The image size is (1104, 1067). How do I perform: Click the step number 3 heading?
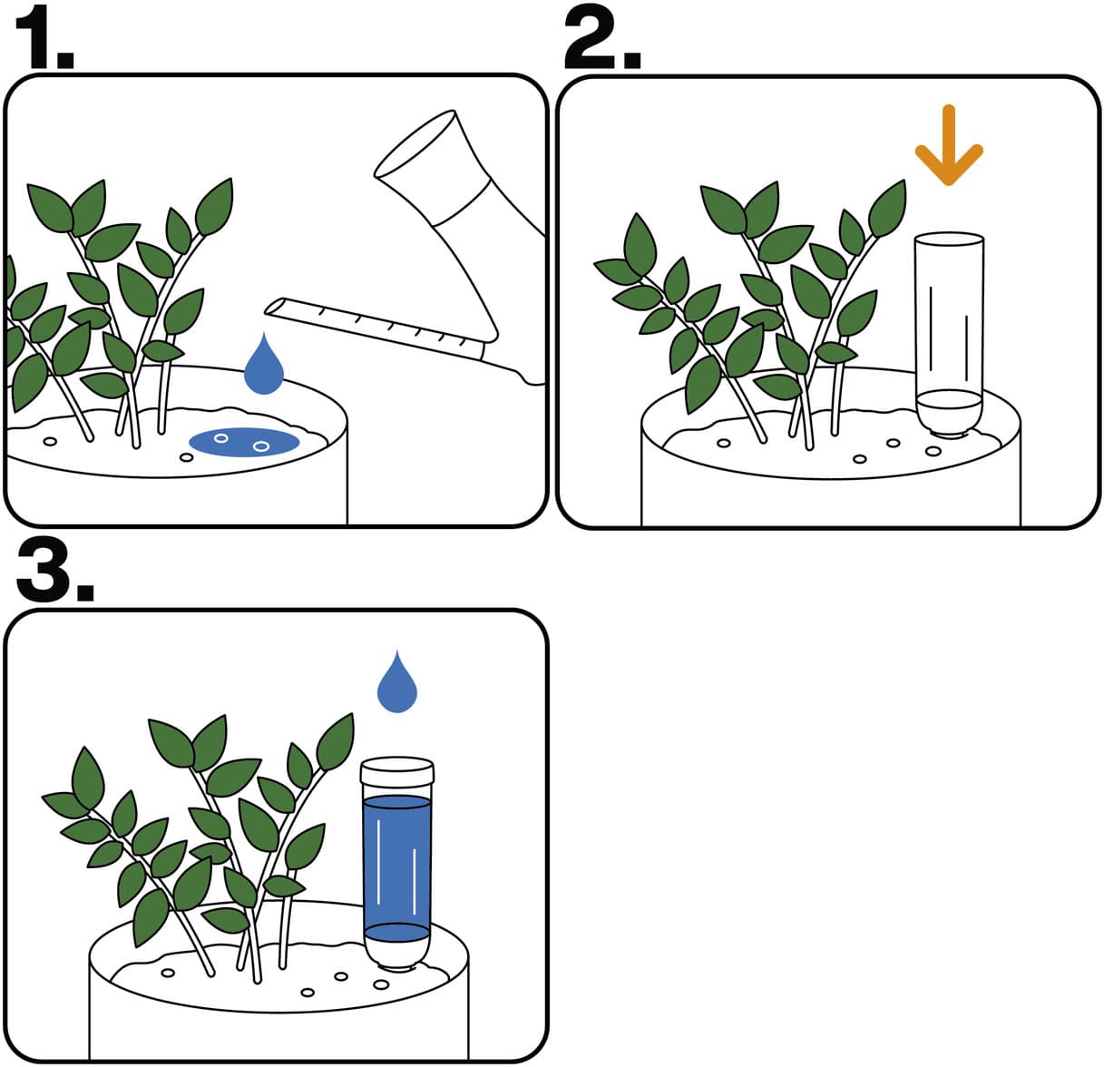tap(55, 570)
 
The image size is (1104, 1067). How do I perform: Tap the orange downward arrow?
tap(949, 145)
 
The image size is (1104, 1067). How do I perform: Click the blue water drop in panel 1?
tap(263, 365)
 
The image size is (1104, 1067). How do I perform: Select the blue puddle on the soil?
tap(244, 442)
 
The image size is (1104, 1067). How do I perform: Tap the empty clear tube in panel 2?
tap(949, 335)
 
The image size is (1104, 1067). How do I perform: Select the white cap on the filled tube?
tap(397, 771)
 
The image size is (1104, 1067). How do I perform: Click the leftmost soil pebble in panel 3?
tap(168, 973)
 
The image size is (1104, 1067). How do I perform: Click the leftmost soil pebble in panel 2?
tap(723, 444)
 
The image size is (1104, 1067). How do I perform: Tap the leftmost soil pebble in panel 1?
tap(50, 441)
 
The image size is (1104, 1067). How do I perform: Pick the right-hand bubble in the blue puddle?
tap(261, 446)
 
